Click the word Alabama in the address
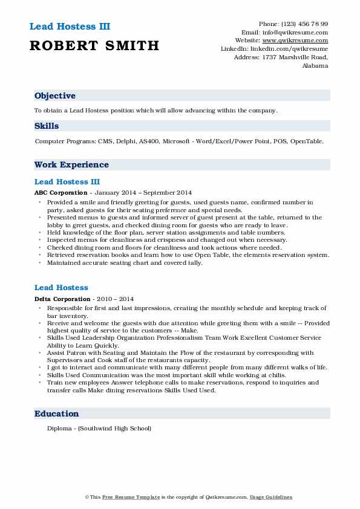315,65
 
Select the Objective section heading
55,96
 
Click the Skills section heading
47,126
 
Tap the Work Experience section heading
71,164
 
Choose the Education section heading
57,413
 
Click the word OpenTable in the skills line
307,141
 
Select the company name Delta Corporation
62,299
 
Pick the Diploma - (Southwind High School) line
99,429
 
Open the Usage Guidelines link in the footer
272,497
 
